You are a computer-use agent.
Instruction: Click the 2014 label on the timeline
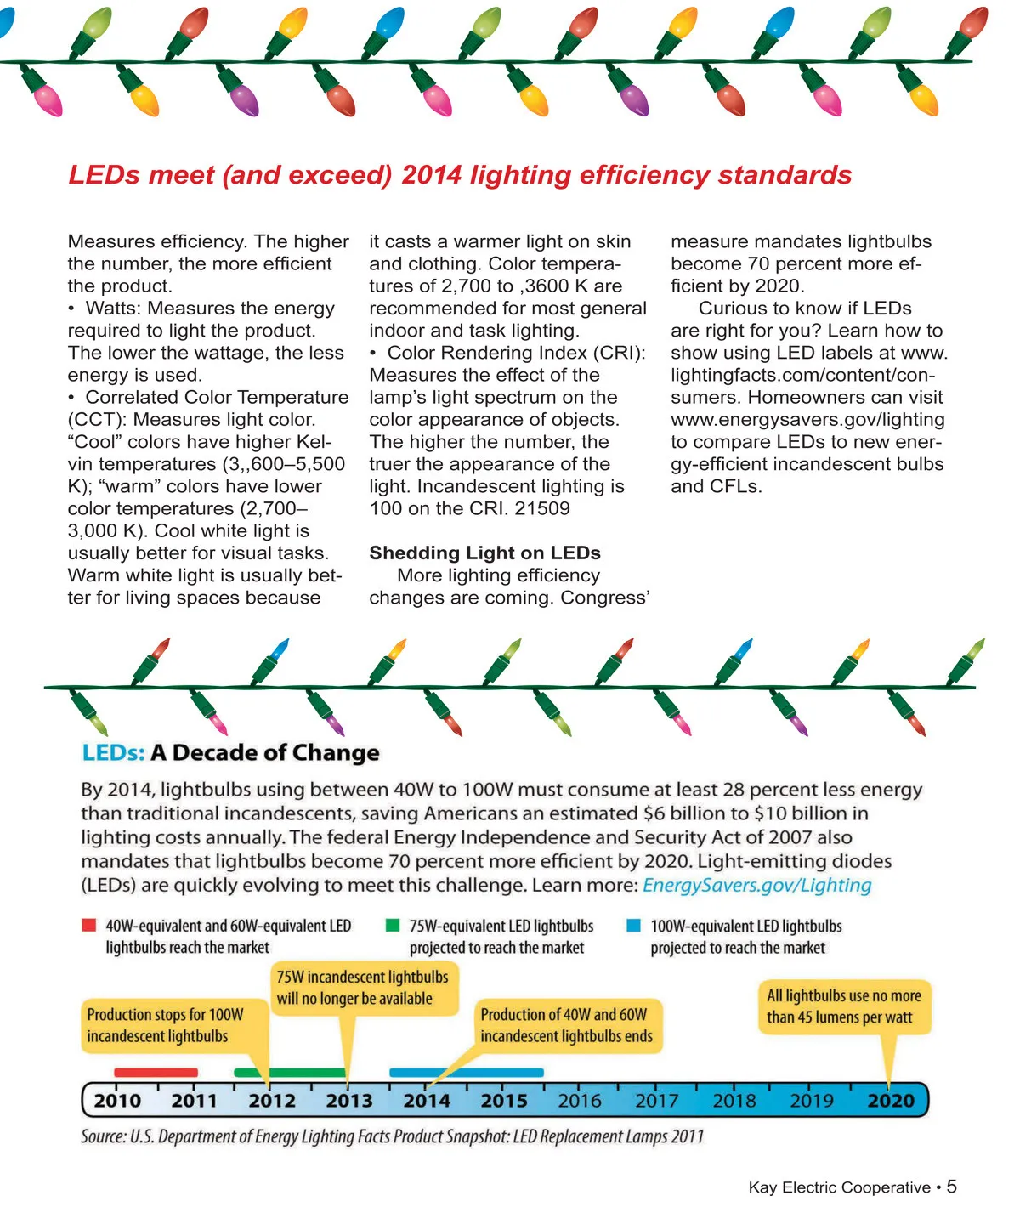point(427,1101)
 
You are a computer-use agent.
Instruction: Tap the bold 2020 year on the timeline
point(891,1101)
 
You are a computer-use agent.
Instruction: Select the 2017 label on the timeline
point(657,1101)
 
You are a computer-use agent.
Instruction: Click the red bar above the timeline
point(156,1073)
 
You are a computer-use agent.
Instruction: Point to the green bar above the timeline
point(290,1073)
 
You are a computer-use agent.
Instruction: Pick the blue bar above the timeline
point(466,1073)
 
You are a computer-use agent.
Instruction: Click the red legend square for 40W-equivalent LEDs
point(89,926)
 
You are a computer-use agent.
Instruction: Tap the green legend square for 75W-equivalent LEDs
point(393,926)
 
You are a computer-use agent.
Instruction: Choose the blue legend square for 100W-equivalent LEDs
point(633,926)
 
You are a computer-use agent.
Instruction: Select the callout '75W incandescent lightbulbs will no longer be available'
point(363,988)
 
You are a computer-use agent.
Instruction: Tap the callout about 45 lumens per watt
point(843,1006)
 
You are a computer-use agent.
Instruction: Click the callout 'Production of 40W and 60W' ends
point(566,1025)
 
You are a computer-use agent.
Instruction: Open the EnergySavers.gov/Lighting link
point(756,885)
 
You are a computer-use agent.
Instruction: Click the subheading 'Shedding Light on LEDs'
point(484,553)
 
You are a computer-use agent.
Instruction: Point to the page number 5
point(952,1187)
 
